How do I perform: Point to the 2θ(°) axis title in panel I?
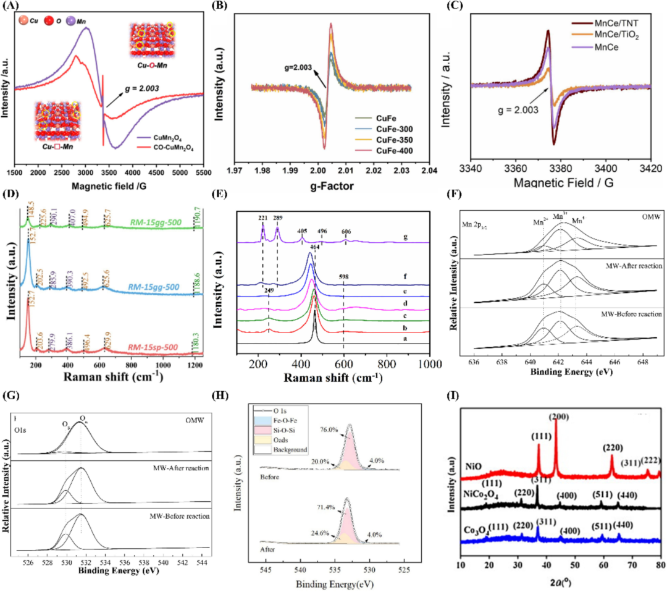562,579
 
